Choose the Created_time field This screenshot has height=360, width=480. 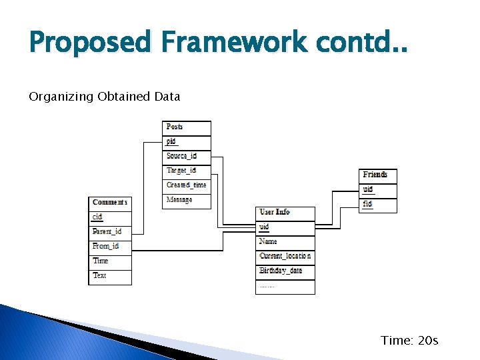point(186,185)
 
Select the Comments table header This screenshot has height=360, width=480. point(110,202)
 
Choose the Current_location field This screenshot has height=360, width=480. point(285,256)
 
